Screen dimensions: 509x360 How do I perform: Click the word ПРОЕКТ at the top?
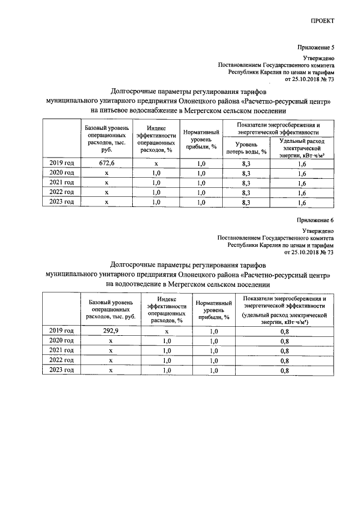pos(322,21)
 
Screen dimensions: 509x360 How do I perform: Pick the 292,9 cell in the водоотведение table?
pos(111,331)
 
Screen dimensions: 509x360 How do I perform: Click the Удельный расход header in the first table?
pos(302,147)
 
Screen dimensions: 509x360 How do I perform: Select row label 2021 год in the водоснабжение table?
pos(62,183)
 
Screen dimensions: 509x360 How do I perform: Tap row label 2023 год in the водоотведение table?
pos(62,370)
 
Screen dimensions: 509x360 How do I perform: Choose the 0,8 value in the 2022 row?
pos(285,360)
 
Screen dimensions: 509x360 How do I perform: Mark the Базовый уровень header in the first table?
pos(107,139)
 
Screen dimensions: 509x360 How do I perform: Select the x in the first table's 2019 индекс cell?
pos(156,163)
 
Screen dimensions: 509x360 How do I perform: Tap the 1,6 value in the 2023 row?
pos(302,202)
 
